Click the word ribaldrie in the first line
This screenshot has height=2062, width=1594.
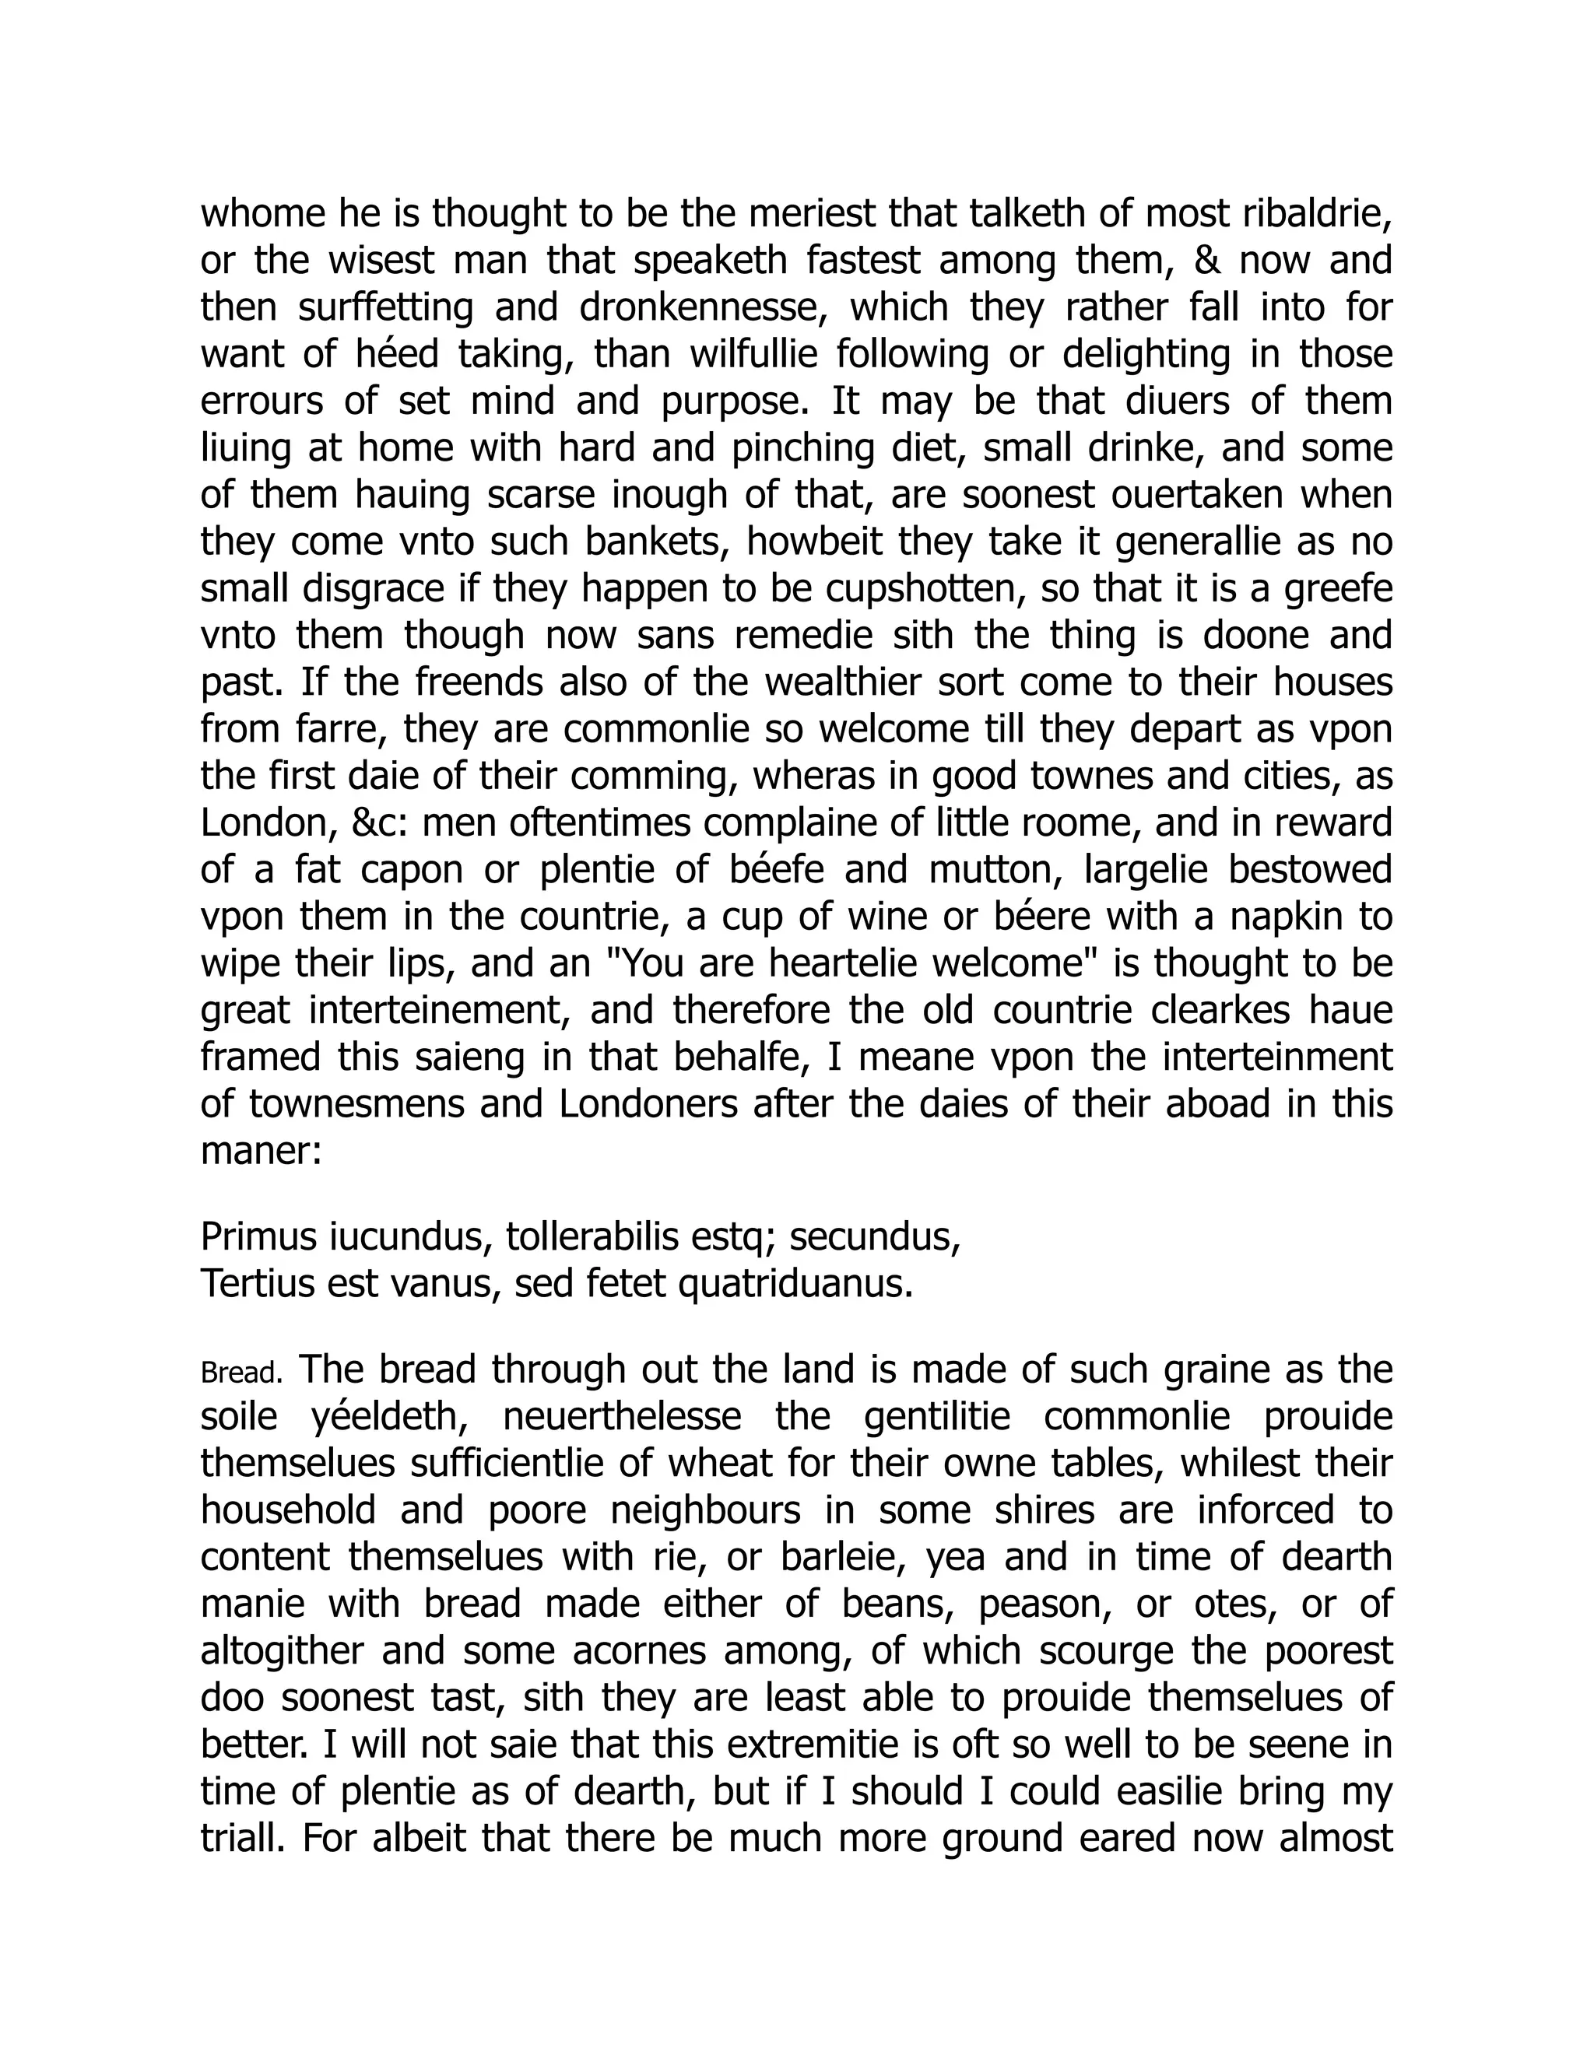point(1318,216)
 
